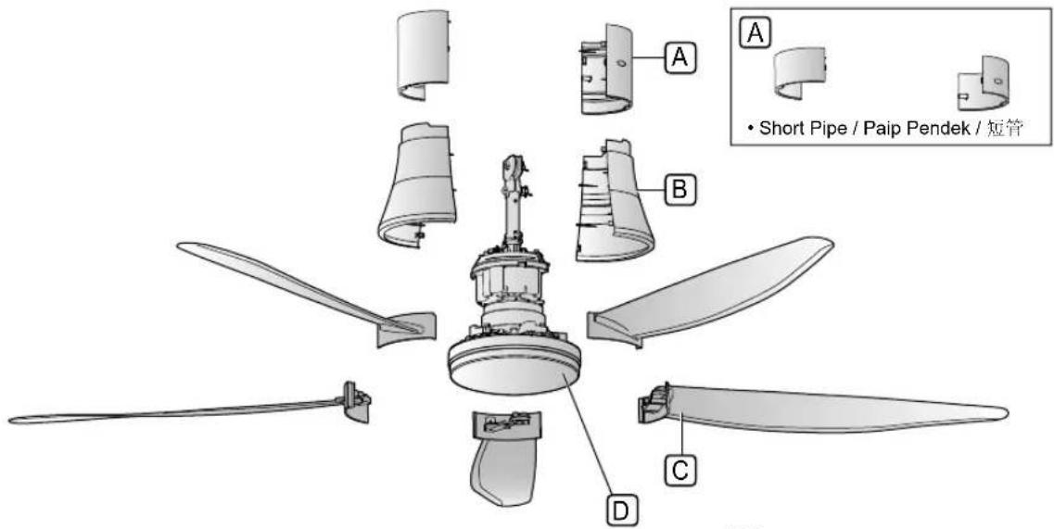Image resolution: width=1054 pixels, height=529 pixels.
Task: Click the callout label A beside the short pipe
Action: [680, 58]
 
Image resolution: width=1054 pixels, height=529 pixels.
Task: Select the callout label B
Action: [680, 190]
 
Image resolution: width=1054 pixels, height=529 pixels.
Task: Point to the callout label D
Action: [622, 510]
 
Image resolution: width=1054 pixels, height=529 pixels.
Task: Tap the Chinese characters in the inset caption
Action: [1005, 129]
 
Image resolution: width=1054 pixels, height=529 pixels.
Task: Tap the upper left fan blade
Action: [302, 289]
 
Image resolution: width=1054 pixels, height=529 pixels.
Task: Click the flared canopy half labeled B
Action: [613, 202]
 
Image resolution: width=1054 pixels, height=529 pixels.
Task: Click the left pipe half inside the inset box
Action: [799, 73]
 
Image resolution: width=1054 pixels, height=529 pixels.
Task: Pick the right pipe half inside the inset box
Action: [984, 84]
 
